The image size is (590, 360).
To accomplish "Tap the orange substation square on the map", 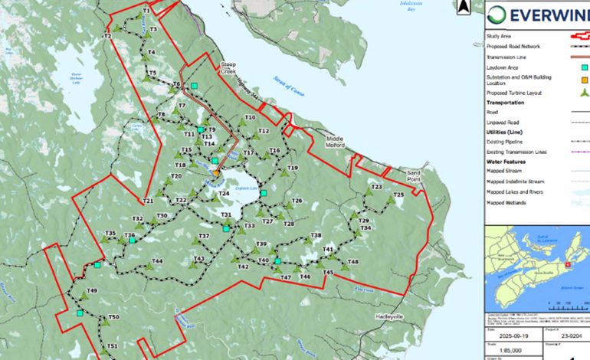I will (217, 173).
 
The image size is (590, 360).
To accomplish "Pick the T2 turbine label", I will (107, 37).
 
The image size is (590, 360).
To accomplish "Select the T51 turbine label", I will (112, 347).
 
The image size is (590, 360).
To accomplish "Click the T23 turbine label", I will (376, 187).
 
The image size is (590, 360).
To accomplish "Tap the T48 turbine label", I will (352, 262).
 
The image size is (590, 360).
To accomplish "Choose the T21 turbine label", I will (149, 201).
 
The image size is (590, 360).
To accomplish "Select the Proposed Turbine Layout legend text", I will (513, 92).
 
